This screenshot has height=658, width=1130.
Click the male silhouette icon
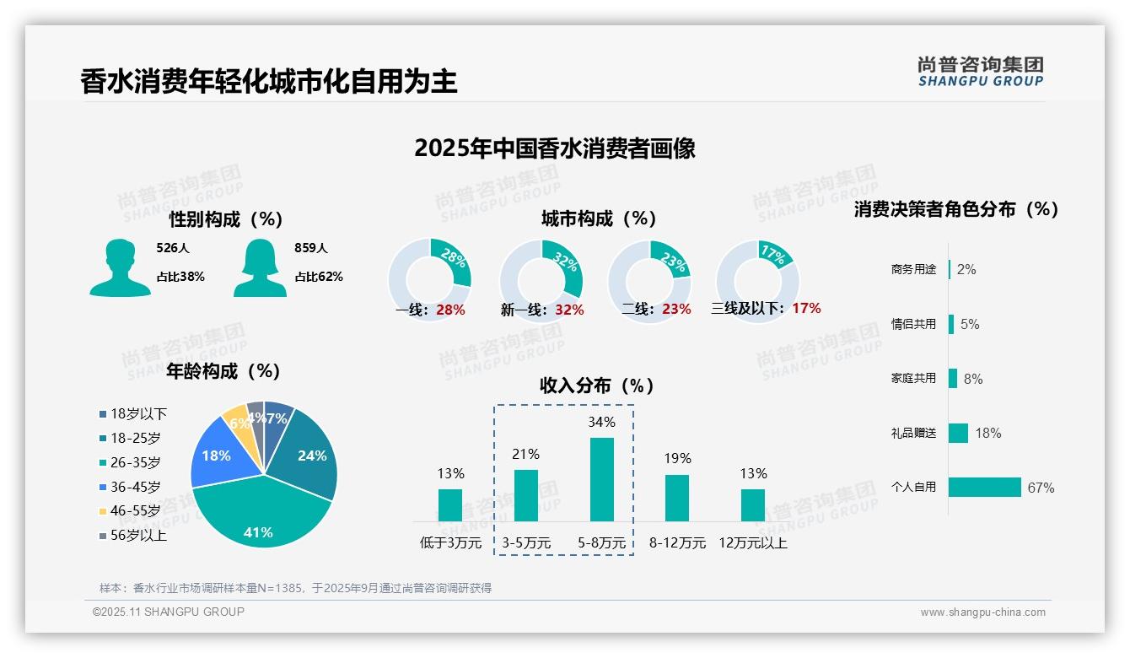(120, 267)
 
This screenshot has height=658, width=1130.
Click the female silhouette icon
(259, 267)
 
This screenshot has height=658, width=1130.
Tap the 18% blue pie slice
(218, 456)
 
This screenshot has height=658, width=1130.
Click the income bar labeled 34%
(602, 479)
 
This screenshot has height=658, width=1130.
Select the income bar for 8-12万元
(677, 498)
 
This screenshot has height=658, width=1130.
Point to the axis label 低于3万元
(450, 542)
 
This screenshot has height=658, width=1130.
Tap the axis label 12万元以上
(753, 542)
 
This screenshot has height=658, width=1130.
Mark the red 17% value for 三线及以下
(806, 309)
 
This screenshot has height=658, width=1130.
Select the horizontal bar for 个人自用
(984, 487)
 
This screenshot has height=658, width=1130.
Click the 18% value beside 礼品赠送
(987, 433)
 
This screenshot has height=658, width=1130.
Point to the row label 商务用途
(913, 270)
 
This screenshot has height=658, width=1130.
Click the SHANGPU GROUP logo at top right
(980, 72)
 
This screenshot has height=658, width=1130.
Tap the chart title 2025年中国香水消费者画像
(555, 148)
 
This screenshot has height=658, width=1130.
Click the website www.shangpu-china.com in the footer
(982, 612)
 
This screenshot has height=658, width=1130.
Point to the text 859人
(310, 248)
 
